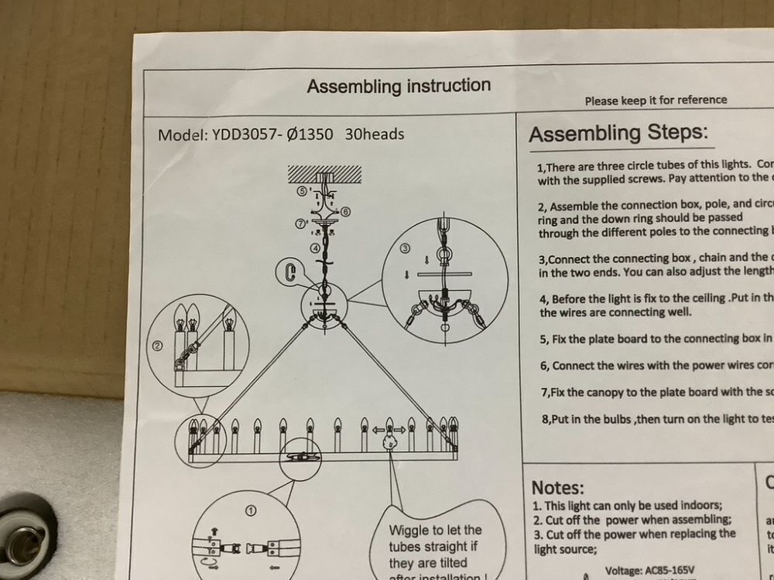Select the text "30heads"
(375, 134)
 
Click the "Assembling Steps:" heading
(618, 134)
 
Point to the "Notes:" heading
(557, 487)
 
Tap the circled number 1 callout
(251, 511)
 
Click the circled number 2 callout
(158, 346)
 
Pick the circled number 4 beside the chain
(314, 248)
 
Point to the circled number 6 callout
(345, 210)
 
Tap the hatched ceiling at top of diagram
(324, 172)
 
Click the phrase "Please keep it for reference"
(656, 100)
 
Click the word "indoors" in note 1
(699, 505)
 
